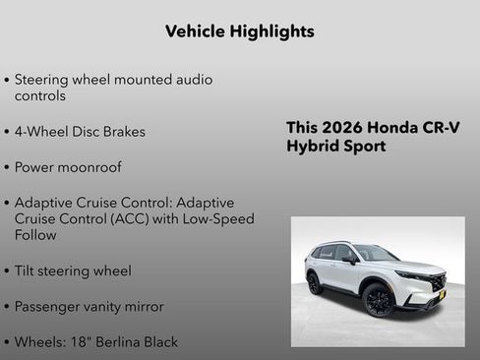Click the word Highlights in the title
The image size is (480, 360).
pos(268,31)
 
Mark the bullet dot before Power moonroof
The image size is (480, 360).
pos(7,167)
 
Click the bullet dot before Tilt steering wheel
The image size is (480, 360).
pos(7,270)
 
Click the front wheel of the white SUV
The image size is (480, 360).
pos(379,300)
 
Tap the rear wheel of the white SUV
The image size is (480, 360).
pos(315,284)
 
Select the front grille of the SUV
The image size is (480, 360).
pos(433,280)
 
